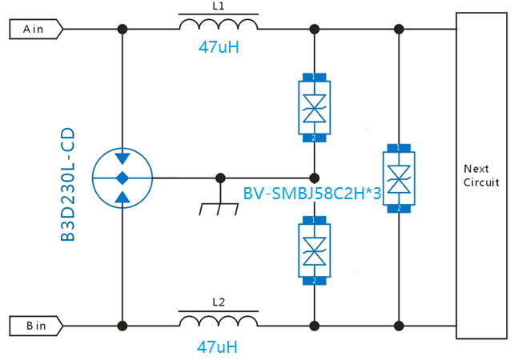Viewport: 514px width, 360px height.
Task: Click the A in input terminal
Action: (x=34, y=29)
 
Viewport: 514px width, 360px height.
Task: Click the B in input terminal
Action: (x=34, y=326)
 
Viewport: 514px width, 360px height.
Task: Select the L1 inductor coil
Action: (x=218, y=26)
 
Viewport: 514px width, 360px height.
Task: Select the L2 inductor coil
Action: (x=218, y=322)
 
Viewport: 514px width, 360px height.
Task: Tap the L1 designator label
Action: (x=219, y=6)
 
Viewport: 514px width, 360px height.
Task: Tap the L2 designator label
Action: (x=219, y=302)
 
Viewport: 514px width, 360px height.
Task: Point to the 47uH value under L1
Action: (x=219, y=47)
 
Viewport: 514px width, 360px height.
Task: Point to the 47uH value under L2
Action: (x=218, y=347)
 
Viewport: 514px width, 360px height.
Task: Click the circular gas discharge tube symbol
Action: (x=122, y=177)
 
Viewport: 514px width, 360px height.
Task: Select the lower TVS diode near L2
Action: (x=314, y=250)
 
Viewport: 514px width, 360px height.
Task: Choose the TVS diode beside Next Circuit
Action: (x=399, y=178)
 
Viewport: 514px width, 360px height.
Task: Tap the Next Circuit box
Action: (x=481, y=175)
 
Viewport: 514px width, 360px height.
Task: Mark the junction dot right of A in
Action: (x=122, y=29)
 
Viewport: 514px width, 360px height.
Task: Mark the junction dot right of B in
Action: (x=122, y=326)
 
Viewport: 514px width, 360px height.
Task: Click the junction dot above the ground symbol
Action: (x=219, y=177)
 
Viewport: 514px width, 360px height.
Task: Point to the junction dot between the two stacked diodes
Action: (x=314, y=177)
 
